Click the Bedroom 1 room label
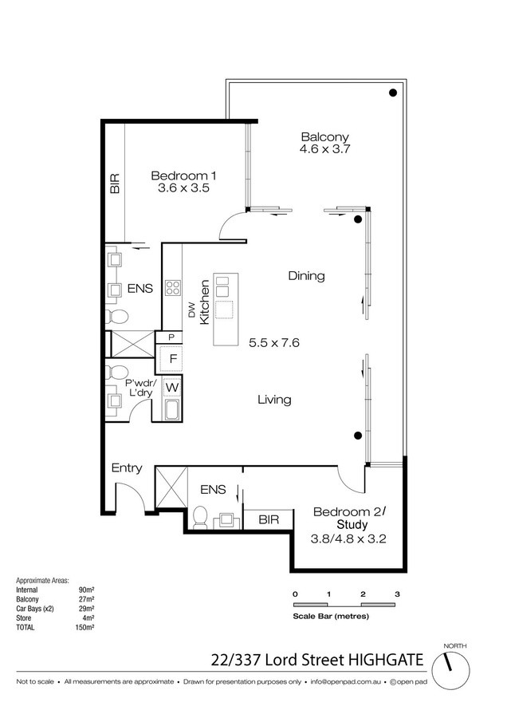click(183, 176)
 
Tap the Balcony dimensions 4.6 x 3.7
click(324, 149)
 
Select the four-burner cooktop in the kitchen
click(173, 287)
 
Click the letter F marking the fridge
click(173, 358)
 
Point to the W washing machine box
click(172, 388)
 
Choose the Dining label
click(307, 276)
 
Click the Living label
click(274, 400)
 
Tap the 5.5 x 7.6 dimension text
click(274, 342)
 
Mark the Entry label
click(127, 468)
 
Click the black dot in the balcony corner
click(392, 93)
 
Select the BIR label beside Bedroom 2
click(269, 519)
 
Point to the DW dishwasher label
click(192, 310)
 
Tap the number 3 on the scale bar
click(397, 594)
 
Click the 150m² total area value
click(84, 627)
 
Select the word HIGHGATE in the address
click(386, 660)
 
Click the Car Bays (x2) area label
click(35, 609)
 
